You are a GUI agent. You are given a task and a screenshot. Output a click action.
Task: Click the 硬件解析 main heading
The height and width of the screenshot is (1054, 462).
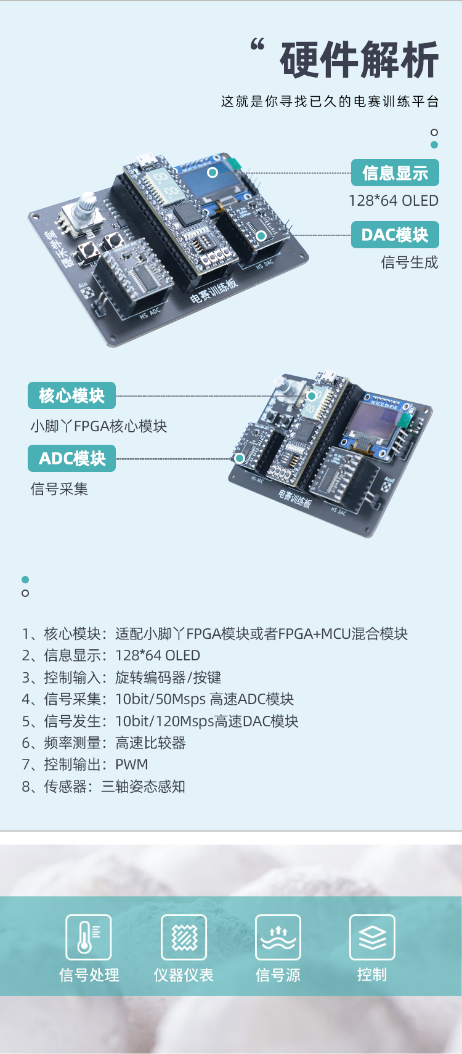(x=360, y=60)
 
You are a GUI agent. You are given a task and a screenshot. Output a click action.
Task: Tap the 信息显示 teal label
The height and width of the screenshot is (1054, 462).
(x=395, y=172)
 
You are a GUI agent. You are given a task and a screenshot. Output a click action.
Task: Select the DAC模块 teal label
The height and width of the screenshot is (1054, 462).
(x=395, y=234)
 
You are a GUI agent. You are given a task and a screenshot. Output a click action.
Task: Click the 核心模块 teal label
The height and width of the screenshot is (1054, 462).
(x=71, y=395)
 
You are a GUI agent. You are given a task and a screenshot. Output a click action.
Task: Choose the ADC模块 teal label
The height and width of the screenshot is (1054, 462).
(x=71, y=458)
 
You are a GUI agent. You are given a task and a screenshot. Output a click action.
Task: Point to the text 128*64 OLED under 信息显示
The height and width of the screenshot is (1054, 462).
(x=393, y=201)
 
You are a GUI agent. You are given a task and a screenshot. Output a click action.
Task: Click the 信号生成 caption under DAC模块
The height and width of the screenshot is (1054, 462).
(x=409, y=262)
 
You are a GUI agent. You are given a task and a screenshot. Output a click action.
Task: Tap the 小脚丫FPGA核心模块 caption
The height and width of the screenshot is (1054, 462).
(x=99, y=426)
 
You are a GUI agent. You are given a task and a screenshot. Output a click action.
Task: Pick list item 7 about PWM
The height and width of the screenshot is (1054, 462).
(x=84, y=764)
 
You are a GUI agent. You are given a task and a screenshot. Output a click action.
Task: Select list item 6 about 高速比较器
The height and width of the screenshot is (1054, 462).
(x=103, y=743)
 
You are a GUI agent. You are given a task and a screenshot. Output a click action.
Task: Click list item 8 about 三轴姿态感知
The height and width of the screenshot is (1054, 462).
(x=103, y=787)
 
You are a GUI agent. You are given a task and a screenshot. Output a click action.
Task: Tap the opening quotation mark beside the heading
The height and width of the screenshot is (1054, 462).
(x=257, y=45)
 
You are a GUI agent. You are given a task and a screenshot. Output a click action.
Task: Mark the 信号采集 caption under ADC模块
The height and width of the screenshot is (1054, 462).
(x=59, y=489)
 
